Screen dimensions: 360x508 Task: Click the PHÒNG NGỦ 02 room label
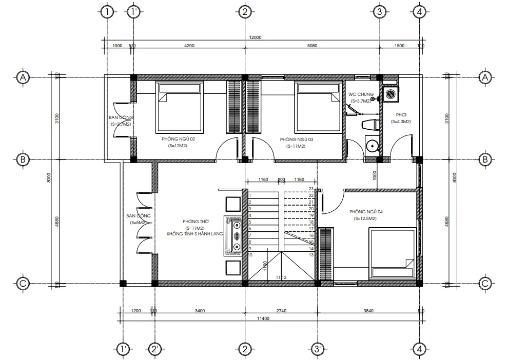pos(178,139)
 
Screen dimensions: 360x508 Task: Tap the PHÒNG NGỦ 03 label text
pos(296,139)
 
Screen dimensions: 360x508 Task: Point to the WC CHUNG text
pos(361,94)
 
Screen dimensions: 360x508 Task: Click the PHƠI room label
pos(401,114)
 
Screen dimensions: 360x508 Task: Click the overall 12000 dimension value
pos(255,37)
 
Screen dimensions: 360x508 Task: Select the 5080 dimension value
pos(312,46)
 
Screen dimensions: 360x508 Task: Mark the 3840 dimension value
pos(369,310)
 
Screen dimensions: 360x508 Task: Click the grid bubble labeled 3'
pos(318,349)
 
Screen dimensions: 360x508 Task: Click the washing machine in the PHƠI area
pos(389,94)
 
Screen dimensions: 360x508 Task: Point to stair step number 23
pos(311,189)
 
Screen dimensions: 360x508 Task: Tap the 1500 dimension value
pos(399,46)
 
